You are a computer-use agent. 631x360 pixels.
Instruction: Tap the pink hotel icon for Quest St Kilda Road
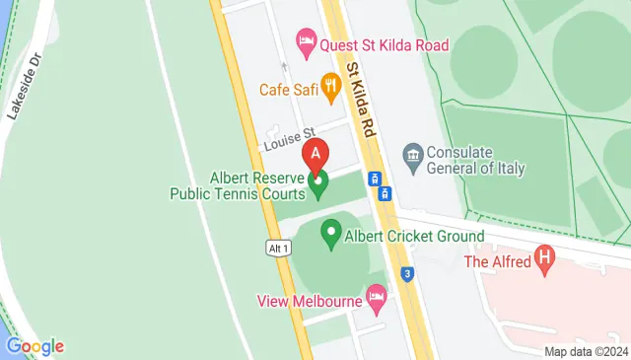click(x=307, y=43)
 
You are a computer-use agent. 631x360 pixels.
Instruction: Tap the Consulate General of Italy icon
click(x=413, y=153)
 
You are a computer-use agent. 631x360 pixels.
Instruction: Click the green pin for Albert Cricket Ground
click(x=330, y=236)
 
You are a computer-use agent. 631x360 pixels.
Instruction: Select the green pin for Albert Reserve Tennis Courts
click(x=317, y=180)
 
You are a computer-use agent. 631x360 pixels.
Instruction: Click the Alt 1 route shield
click(x=278, y=249)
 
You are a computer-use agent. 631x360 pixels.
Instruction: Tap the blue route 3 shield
click(x=406, y=272)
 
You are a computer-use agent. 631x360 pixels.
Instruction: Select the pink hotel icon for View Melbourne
click(x=376, y=295)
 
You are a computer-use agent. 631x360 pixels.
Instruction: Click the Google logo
click(x=35, y=345)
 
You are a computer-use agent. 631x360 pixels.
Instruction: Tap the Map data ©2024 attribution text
click(x=586, y=351)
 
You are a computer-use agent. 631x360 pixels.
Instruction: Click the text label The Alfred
click(x=497, y=261)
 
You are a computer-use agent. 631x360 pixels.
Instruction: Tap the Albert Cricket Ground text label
click(x=414, y=236)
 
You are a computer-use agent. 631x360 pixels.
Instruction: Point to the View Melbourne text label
click(x=309, y=300)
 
